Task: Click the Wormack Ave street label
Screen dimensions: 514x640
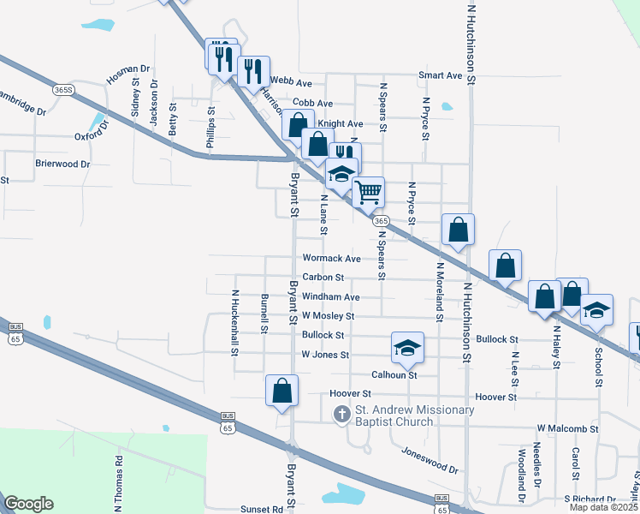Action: (x=331, y=258)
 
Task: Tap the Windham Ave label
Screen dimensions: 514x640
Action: (x=330, y=297)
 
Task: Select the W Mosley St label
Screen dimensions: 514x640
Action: (x=329, y=316)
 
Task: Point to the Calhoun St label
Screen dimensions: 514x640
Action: (x=394, y=375)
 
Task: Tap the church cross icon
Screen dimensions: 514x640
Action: (x=341, y=415)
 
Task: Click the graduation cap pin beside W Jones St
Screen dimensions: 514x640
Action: (x=408, y=347)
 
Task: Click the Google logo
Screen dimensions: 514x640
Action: (x=28, y=504)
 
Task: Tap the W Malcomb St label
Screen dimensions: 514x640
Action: (x=567, y=427)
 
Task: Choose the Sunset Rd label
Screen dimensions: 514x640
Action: (x=261, y=509)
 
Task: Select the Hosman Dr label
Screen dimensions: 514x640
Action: (x=127, y=75)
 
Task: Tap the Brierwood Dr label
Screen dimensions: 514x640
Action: (x=62, y=164)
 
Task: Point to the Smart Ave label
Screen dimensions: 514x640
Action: (x=441, y=75)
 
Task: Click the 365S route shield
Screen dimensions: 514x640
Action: (x=62, y=89)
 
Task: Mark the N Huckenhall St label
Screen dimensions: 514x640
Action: (x=234, y=321)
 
